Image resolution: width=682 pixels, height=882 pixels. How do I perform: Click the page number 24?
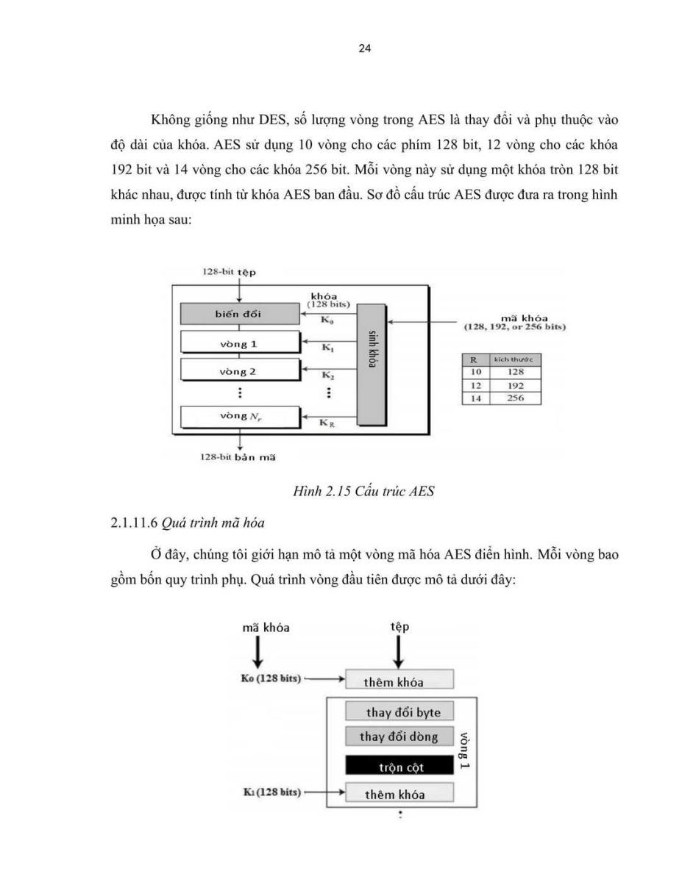pos(364,49)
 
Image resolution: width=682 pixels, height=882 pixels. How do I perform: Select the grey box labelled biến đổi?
pos(240,314)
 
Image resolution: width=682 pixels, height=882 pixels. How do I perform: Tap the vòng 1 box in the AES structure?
pos(240,343)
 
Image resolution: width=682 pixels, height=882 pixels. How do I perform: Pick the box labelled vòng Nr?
pos(240,417)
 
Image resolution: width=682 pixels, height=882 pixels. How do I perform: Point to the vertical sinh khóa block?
pos(372,365)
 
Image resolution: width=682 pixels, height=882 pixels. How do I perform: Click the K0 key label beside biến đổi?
pos(327,320)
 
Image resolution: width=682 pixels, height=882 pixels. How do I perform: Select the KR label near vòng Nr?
pos(327,423)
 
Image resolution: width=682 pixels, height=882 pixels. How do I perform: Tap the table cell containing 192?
pos(516,386)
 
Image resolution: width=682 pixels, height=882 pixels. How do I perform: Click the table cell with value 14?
pos(476,398)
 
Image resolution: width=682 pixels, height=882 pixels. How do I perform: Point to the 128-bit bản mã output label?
pos(238,457)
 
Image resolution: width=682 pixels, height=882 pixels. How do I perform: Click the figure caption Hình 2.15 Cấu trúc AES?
pos(363,491)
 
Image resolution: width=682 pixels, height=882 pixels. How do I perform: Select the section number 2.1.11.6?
pos(134,523)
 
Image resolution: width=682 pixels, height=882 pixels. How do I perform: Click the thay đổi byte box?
pos(399,711)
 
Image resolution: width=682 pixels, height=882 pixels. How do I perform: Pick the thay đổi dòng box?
pos(399,736)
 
